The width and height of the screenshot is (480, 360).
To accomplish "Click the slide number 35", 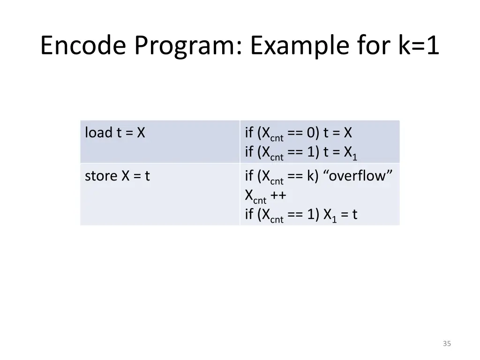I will (x=446, y=344).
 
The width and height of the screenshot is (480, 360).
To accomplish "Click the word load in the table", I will (x=98, y=133).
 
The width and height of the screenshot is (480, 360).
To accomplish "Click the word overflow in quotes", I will (x=357, y=176).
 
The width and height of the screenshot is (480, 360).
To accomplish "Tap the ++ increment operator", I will (x=278, y=195).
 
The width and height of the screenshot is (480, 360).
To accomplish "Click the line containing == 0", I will (x=299, y=134).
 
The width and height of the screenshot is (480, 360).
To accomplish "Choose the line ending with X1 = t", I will (x=301, y=215).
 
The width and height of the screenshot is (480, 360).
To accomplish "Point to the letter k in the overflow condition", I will (x=310, y=176).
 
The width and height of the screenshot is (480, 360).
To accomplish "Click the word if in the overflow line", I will (x=249, y=176).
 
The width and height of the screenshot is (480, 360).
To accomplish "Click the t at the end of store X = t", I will (x=147, y=176).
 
